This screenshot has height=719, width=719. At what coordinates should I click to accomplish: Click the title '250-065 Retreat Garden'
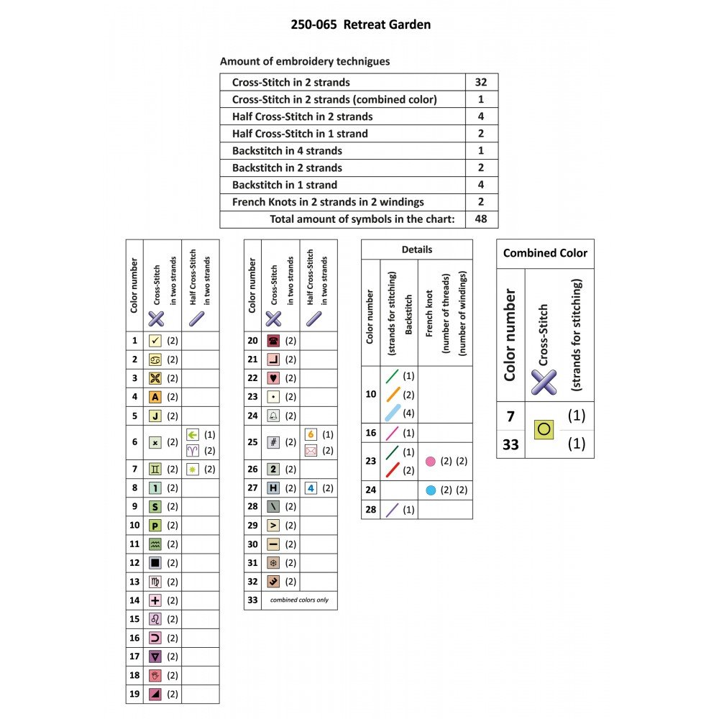pyautogui.click(x=360, y=24)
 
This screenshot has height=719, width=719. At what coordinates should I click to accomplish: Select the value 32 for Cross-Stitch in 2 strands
pyautogui.click(x=480, y=82)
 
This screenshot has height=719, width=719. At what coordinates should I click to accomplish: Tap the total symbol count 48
pyautogui.click(x=480, y=219)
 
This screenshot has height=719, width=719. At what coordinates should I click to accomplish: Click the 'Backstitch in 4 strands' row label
pyautogui.click(x=287, y=151)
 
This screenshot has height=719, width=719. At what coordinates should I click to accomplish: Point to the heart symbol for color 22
pyautogui.click(x=273, y=378)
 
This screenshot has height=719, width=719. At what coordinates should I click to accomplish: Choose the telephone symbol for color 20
pyautogui.click(x=273, y=341)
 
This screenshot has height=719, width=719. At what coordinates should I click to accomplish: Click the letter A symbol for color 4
pyautogui.click(x=155, y=397)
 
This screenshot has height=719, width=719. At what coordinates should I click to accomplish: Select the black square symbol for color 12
pyautogui.click(x=155, y=563)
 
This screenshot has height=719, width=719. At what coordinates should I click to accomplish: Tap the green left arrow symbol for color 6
pyautogui.click(x=193, y=434)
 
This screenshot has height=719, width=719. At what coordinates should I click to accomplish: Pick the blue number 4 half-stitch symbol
pyautogui.click(x=311, y=488)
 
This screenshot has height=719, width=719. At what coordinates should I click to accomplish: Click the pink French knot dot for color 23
pyautogui.click(x=430, y=462)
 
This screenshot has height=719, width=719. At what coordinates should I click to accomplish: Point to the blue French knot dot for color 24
pyautogui.click(x=431, y=490)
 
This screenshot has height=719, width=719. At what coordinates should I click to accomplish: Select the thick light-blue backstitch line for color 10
pyautogui.click(x=393, y=413)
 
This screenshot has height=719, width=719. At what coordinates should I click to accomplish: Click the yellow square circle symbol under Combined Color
pyautogui.click(x=544, y=430)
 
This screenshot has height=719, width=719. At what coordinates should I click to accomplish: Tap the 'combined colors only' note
pyautogui.click(x=299, y=600)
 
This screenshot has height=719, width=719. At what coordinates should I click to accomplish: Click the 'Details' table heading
pyautogui.click(x=417, y=249)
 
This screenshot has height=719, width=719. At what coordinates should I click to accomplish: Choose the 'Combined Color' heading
pyautogui.click(x=545, y=253)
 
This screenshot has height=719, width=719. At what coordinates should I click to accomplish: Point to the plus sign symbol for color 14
pyautogui.click(x=155, y=600)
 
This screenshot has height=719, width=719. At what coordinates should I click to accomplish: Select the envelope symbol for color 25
pyautogui.click(x=311, y=451)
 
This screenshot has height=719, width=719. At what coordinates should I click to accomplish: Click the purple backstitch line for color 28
pyautogui.click(x=392, y=510)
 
